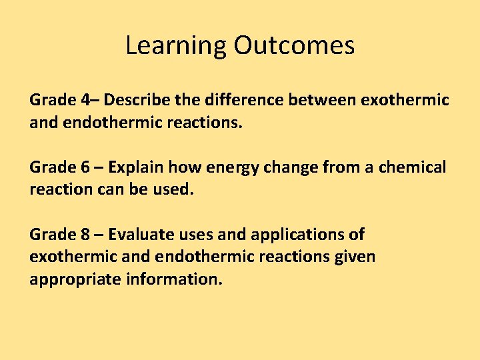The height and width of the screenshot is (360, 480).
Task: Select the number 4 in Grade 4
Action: (85, 100)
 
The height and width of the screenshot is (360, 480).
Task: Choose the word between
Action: (323, 100)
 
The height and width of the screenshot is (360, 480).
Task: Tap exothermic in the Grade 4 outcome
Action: (405, 100)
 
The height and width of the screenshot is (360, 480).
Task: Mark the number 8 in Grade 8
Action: (85, 235)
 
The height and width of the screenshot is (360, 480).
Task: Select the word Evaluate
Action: (140, 235)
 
